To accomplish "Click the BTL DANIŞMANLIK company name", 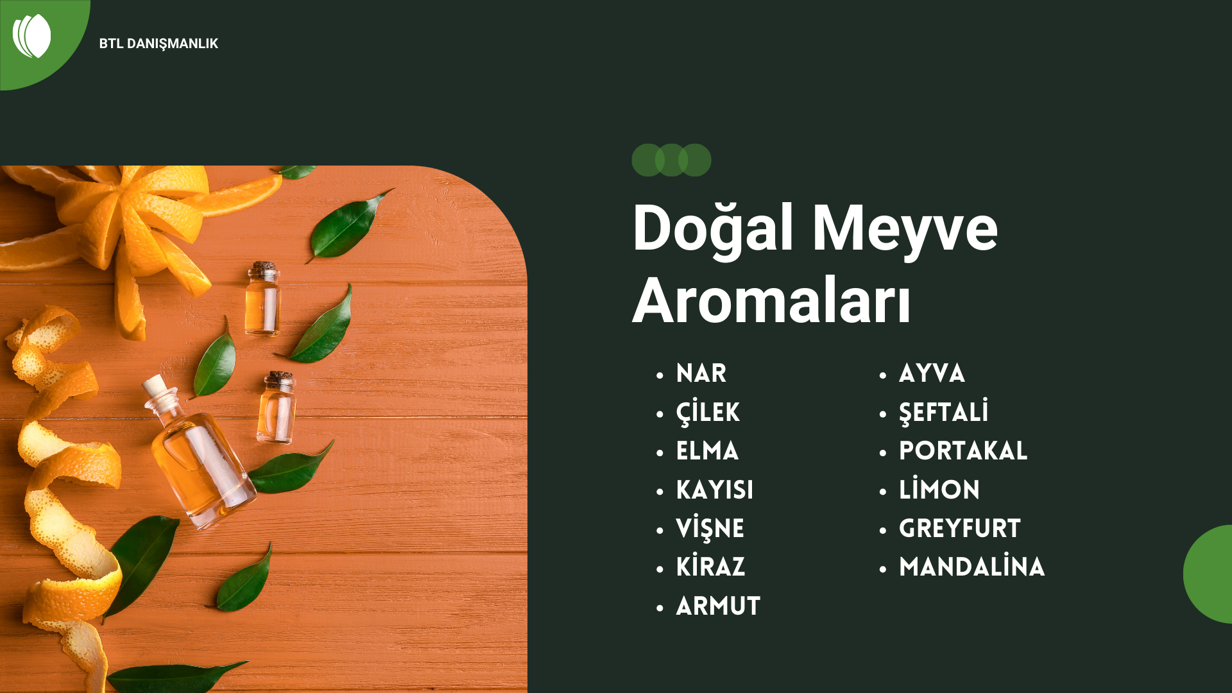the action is [158, 44].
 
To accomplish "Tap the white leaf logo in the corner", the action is [31, 36].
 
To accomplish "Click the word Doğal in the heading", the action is [713, 230].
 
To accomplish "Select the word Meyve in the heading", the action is [905, 230].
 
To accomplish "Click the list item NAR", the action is [701, 373].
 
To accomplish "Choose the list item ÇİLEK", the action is [708, 412].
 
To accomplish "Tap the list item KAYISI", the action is [714, 490].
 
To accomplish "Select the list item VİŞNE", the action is [710, 528].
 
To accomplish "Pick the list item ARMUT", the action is [718, 606].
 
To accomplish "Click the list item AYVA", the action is [932, 373].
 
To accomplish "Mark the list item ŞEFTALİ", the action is [943, 412].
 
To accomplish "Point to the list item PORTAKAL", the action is [963, 451].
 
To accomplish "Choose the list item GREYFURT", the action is [959, 529].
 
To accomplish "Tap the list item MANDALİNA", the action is [971, 567].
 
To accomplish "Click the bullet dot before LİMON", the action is [883, 492].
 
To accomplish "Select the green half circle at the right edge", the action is [1208, 574].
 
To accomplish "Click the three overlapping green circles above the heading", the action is [671, 160].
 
